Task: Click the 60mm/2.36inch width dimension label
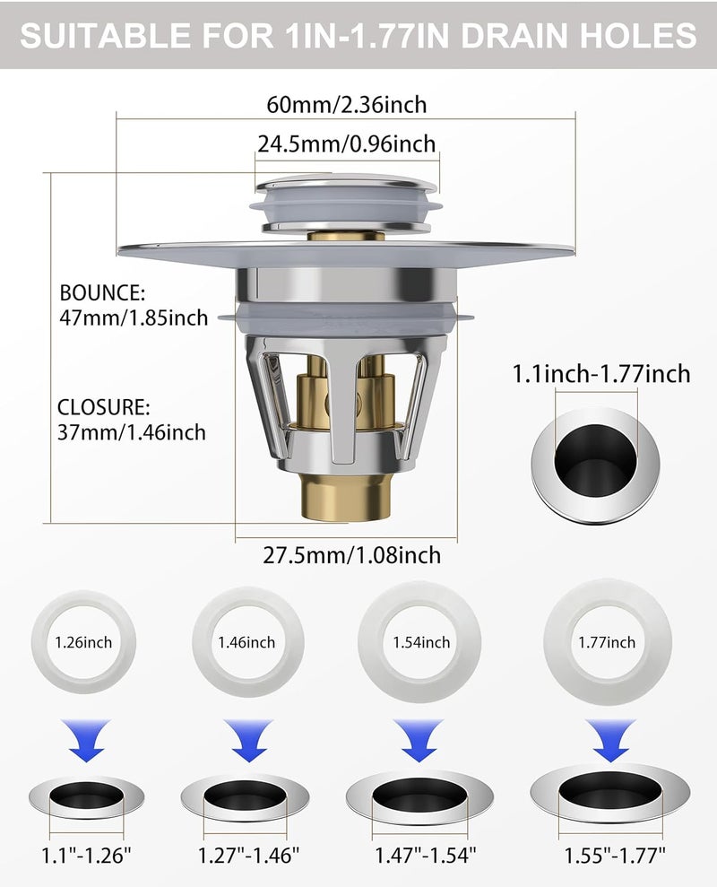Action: tap(347, 105)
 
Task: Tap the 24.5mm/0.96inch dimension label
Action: tap(347, 143)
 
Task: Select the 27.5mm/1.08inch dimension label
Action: tap(351, 555)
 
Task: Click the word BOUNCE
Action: tap(102, 293)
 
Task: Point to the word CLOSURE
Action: tap(103, 407)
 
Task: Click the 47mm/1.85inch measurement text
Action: tap(134, 317)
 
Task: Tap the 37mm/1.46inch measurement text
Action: tap(132, 432)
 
